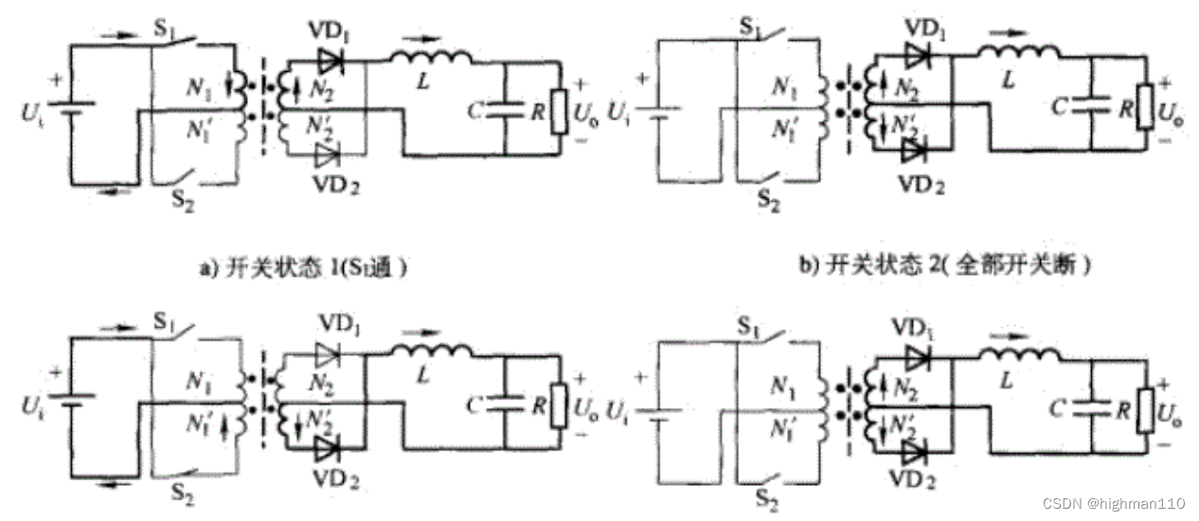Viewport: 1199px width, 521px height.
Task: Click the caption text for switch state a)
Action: pyautogui.click(x=302, y=267)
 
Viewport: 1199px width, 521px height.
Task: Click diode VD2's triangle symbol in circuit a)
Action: pyautogui.click(x=330, y=154)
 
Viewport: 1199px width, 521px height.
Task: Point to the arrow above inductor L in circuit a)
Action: pyautogui.click(x=428, y=40)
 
